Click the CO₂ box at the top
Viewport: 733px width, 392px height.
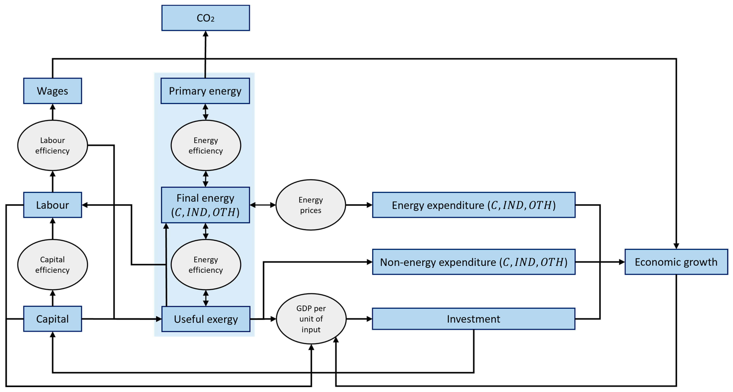coord(205,18)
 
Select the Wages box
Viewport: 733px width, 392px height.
coord(52,91)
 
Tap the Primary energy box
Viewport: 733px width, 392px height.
coord(205,91)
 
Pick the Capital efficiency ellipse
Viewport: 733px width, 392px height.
coord(52,265)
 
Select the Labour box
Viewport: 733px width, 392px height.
coord(52,205)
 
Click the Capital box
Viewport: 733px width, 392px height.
coord(52,319)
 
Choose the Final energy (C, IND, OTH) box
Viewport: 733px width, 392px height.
coord(205,205)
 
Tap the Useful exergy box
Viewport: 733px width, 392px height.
coord(206,319)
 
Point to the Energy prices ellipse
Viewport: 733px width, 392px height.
coord(310,205)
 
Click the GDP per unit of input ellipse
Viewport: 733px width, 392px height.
coord(311,319)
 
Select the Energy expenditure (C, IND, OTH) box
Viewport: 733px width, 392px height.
coord(473,205)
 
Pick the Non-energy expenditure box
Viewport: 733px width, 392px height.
coord(473,262)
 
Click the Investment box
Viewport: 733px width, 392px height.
coord(473,319)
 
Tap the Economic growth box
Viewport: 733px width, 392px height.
coord(676,262)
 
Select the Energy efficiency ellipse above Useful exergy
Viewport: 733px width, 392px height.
coord(206,265)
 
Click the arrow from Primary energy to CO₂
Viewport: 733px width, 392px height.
coord(205,54)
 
